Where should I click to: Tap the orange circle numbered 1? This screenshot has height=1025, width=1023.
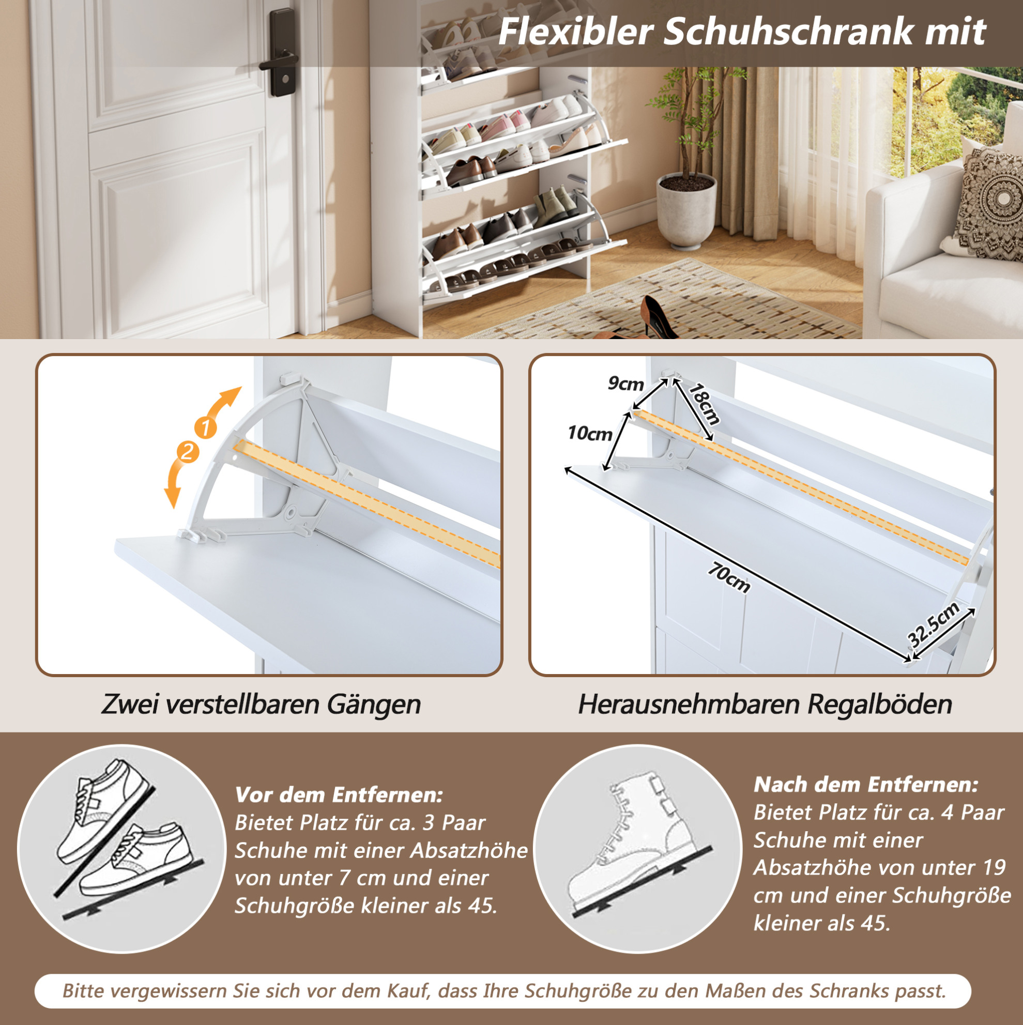coord(205,427)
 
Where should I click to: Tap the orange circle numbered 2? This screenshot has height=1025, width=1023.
coord(187,452)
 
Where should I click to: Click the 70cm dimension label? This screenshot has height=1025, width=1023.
coord(729,578)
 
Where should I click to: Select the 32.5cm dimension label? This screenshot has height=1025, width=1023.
coord(934,624)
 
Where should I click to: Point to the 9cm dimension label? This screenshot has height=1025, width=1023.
coord(625,384)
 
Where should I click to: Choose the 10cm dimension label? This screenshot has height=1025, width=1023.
coord(589,434)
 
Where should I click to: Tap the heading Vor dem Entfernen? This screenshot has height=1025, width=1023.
coord(339,795)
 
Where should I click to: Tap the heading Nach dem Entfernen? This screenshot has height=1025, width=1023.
coord(865,785)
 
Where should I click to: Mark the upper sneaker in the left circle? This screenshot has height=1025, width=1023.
coord(104,809)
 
